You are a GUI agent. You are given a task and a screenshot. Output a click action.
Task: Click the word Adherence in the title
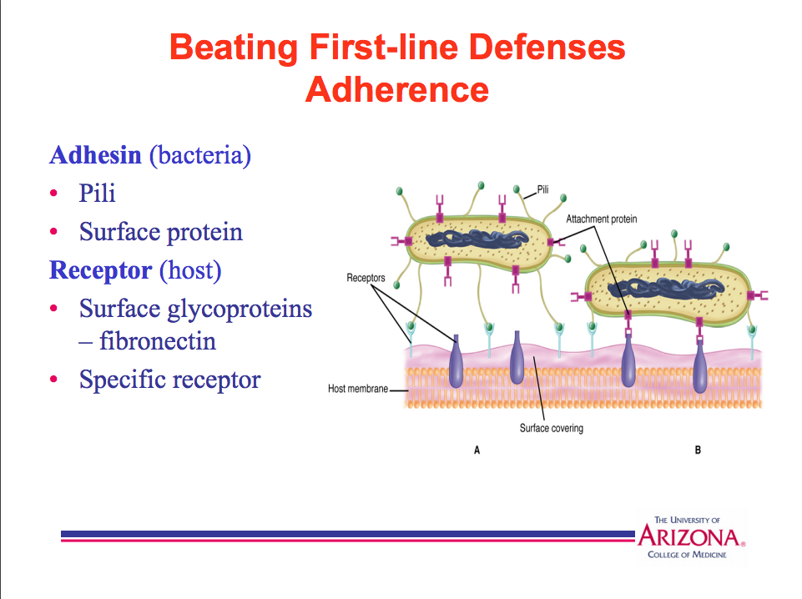click(x=396, y=88)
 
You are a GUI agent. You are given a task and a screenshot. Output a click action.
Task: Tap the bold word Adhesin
click(x=95, y=155)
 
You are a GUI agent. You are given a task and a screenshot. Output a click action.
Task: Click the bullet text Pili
click(x=97, y=194)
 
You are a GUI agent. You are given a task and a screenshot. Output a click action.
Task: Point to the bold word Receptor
click(x=100, y=270)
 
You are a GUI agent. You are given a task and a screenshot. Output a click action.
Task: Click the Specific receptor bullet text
click(x=169, y=380)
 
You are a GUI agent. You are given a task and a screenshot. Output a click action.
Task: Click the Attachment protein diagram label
click(x=601, y=219)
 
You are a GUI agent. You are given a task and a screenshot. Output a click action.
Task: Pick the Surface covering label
click(x=551, y=429)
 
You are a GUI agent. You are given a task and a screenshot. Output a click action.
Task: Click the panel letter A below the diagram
click(x=477, y=451)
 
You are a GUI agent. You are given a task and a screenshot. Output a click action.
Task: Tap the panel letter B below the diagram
click(x=698, y=451)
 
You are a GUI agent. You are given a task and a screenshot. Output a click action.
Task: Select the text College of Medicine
click(x=687, y=554)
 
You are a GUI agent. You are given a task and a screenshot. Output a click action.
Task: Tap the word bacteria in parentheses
click(x=199, y=155)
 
